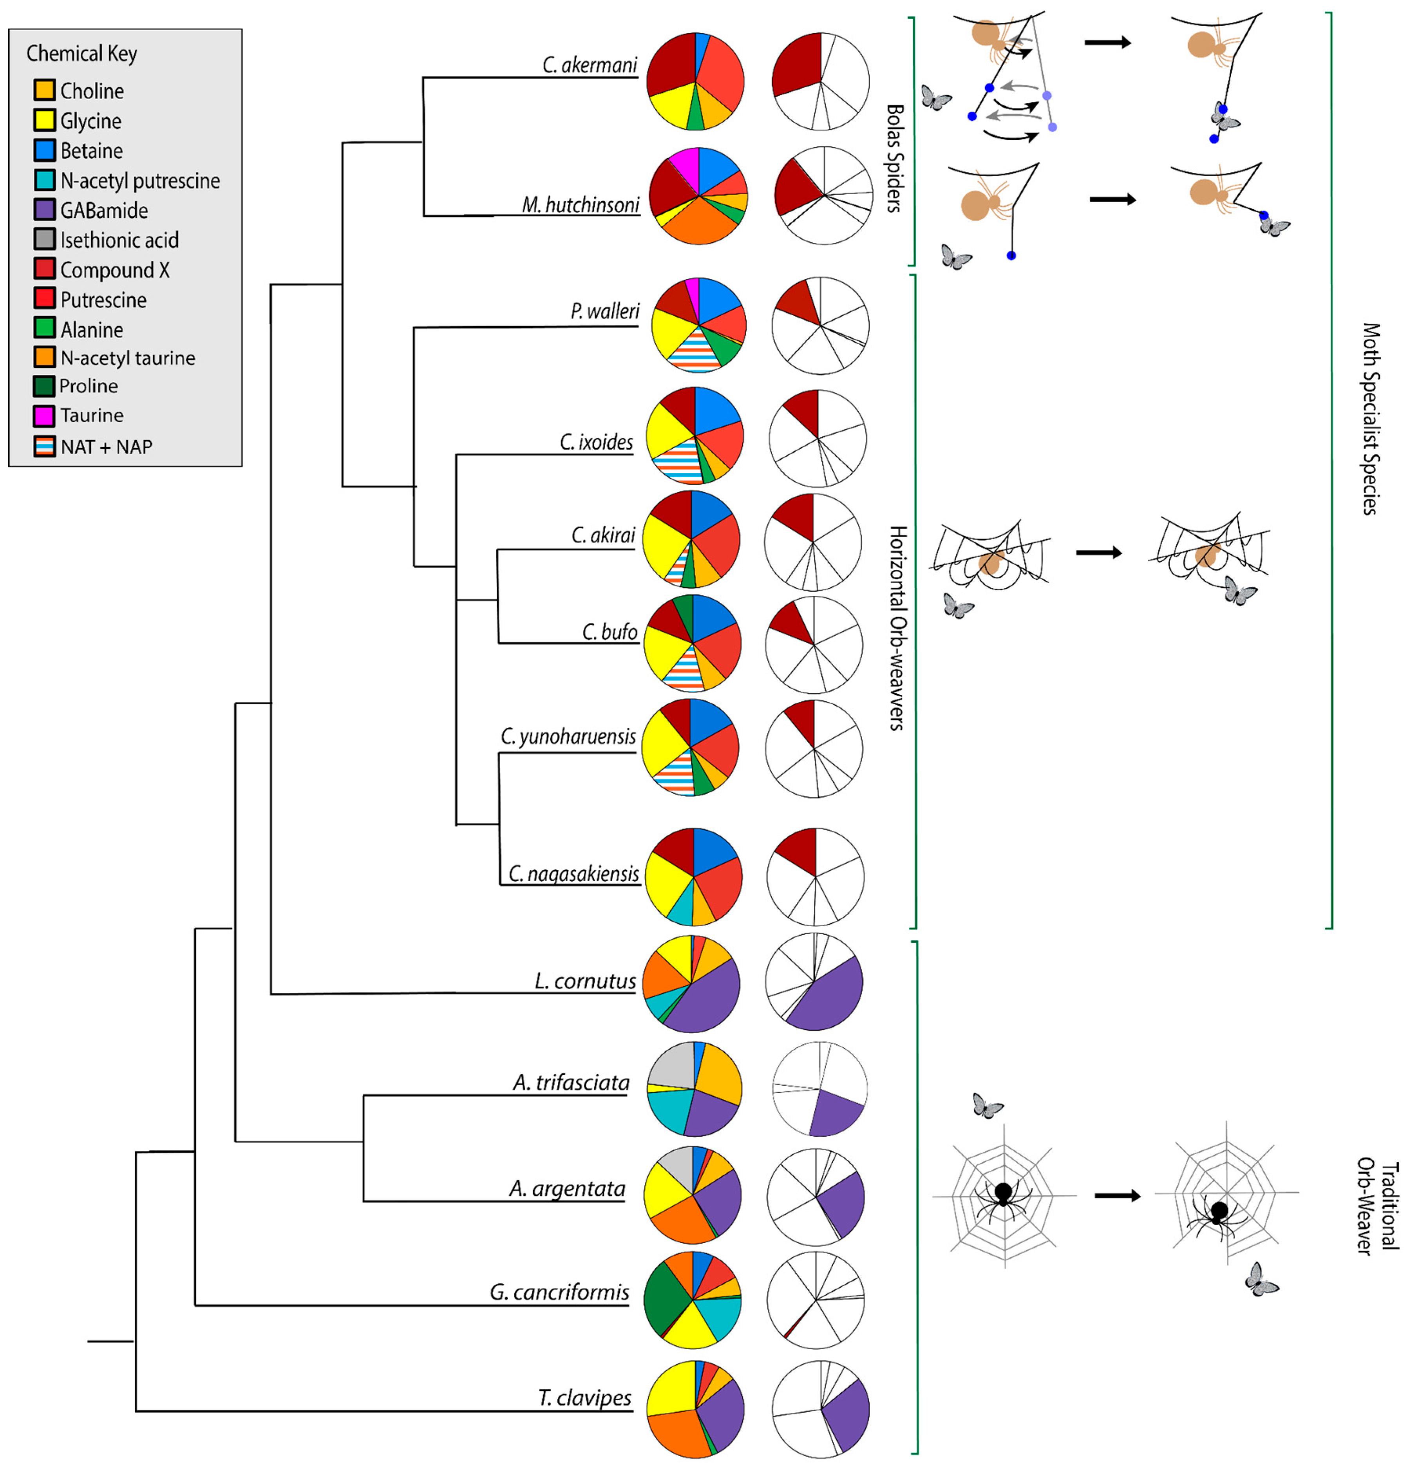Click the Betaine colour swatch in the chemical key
[45, 150]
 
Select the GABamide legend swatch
[45, 210]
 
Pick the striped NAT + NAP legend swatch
[45, 446]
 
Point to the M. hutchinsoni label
[581, 204]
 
